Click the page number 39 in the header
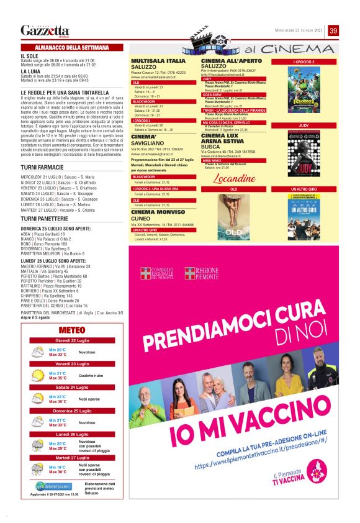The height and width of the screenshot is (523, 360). (x=333, y=30)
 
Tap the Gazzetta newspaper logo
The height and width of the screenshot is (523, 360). (x=45, y=30)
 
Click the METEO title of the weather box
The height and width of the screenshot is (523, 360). (x=72, y=330)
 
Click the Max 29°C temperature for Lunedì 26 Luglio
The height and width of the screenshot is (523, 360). (x=58, y=448)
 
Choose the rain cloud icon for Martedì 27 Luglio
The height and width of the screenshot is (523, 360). (x=38, y=469)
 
